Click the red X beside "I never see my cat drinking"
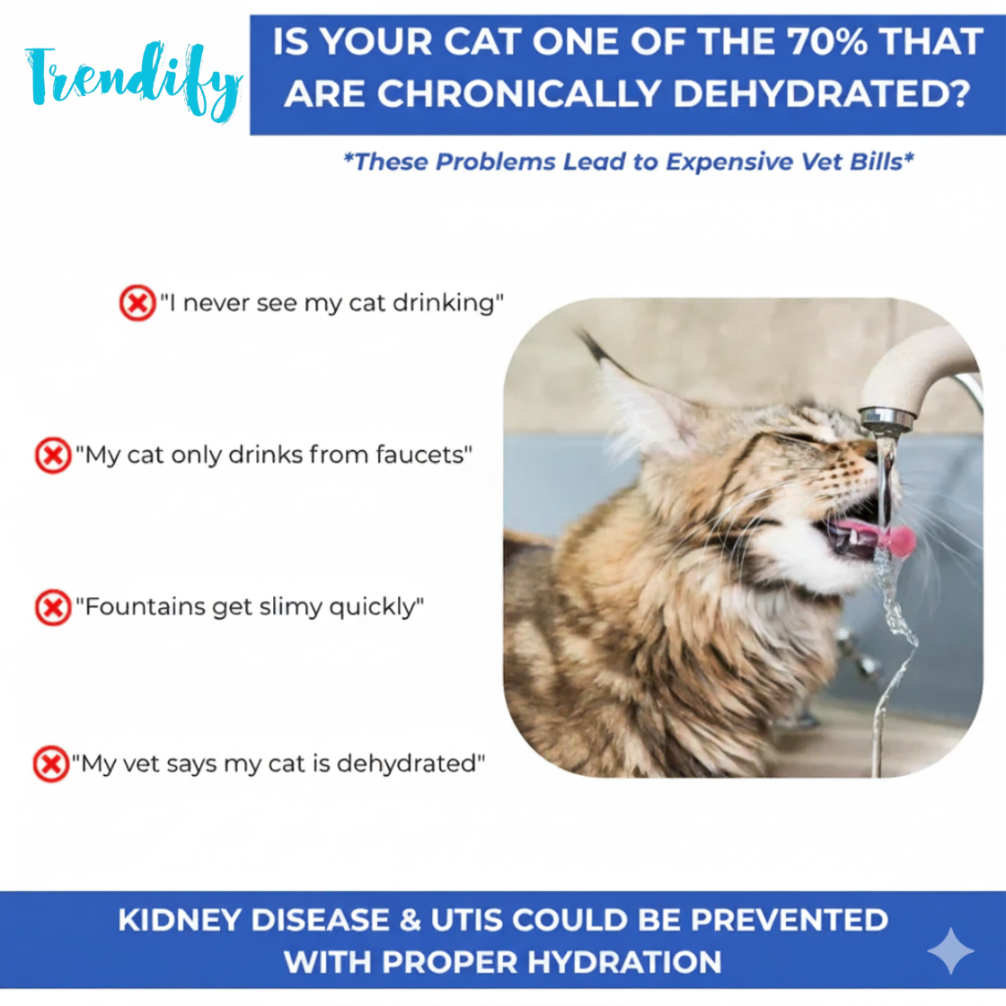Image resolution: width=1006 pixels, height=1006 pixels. tap(137, 303)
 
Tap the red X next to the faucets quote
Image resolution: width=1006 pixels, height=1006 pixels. tap(52, 454)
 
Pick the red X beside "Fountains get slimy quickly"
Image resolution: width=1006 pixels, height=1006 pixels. tap(52, 607)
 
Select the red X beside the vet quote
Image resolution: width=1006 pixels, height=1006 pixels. tap(51, 764)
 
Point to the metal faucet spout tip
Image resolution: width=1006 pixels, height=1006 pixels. tap(885, 419)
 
